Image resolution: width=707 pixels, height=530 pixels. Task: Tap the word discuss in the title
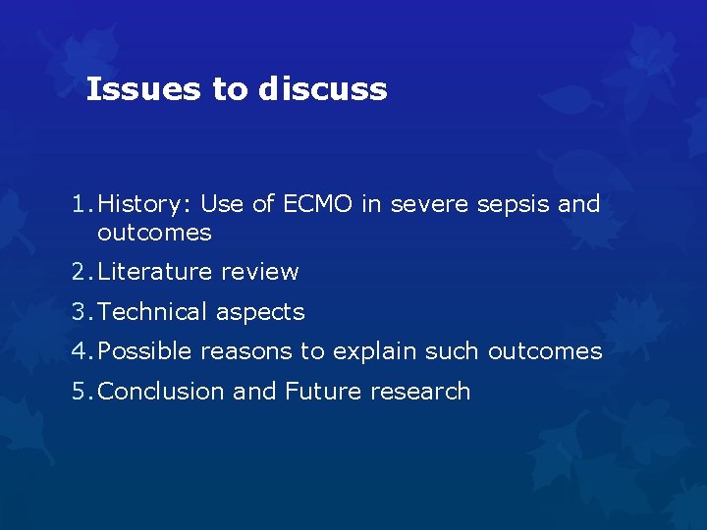(323, 89)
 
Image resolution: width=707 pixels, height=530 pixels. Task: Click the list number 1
(79, 204)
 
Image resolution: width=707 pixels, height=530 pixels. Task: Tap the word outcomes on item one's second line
(154, 233)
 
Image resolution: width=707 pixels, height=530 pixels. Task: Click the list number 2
(79, 272)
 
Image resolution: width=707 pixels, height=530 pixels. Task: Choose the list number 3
(79, 312)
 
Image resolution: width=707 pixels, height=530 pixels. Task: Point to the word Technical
(153, 312)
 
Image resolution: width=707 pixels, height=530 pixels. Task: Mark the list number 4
(79, 351)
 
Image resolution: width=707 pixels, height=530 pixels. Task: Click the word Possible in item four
(146, 351)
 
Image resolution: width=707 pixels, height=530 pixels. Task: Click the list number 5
(79, 392)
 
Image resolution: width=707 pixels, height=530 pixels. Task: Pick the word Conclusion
(162, 392)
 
